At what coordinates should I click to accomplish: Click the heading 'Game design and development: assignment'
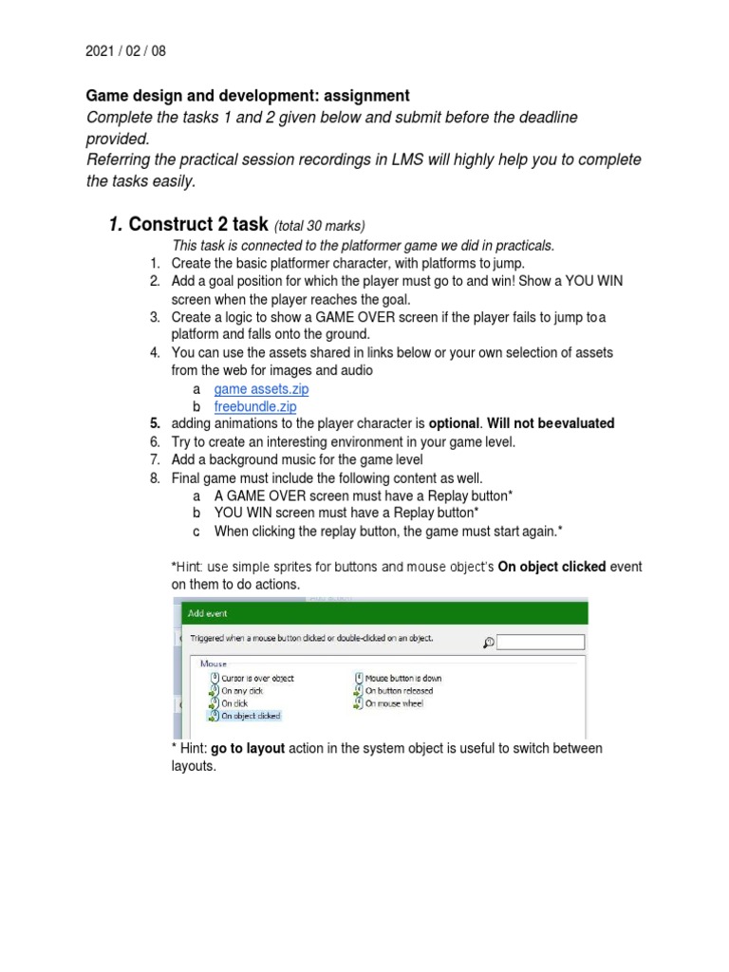248,96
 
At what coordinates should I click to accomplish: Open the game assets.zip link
261,389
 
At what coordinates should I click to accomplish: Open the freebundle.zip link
255,406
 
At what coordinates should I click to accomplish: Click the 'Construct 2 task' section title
198,225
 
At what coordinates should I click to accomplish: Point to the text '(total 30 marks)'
320,226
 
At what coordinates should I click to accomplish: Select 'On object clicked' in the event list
251,716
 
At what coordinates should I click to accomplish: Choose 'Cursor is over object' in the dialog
256,679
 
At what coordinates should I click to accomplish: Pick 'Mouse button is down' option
402,679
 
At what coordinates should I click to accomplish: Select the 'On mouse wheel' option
394,703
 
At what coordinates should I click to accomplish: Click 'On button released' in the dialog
399,691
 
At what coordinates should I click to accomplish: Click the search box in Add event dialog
540,643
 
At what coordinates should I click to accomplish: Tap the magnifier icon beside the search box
488,643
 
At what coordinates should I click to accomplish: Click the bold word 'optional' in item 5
456,423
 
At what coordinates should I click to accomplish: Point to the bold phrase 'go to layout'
248,749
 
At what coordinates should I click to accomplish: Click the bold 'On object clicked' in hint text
552,567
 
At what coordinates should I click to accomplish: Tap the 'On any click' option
242,691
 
